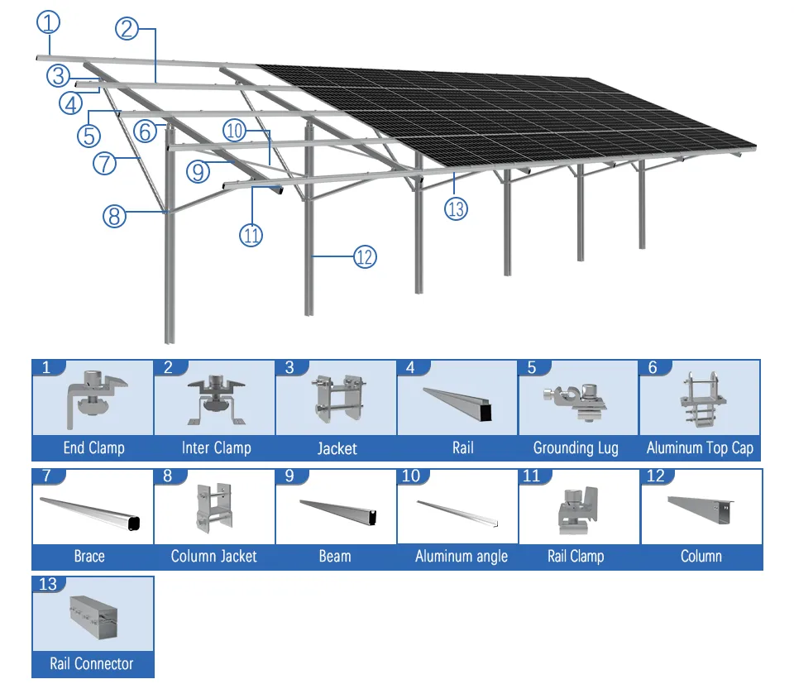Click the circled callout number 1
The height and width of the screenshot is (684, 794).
(48, 23)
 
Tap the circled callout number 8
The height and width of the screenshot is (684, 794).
(114, 217)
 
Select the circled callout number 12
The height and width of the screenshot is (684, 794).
(365, 257)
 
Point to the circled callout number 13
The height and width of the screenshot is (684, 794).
(456, 208)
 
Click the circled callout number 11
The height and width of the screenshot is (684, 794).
(251, 235)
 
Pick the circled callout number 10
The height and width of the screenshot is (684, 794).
(234, 130)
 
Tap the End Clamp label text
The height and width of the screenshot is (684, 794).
(93, 448)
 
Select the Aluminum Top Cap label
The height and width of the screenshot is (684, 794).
(700, 448)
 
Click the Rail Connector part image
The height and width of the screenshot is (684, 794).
(93, 617)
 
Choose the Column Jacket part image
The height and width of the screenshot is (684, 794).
(214, 506)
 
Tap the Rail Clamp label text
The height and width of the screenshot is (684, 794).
(576, 557)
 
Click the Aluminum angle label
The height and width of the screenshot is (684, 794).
(461, 557)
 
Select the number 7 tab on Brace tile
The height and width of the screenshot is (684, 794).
(46, 476)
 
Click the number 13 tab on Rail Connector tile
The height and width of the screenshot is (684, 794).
(48, 585)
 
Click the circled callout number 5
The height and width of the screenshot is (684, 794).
(88, 134)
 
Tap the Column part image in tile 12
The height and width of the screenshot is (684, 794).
(701, 509)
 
